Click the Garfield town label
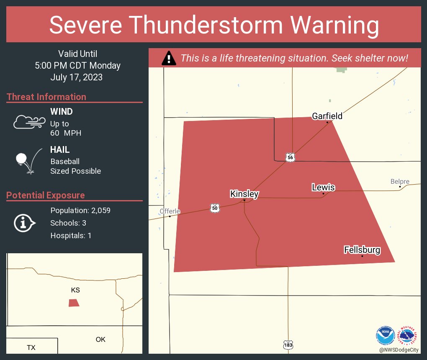[327, 116]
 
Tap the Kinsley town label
[244, 194]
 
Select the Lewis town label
[323, 187]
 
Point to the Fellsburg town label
[362, 250]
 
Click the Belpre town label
[400, 182]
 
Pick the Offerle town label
[170, 211]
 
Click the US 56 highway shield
[291, 157]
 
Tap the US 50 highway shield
[214, 208]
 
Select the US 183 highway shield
[288, 345]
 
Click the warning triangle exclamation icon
[169, 58]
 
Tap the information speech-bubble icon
[24, 223]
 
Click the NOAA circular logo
[385, 335]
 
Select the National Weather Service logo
[408, 335]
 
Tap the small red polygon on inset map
[74, 303]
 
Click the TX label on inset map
[31, 347]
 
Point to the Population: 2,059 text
[80, 211]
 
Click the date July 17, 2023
[76, 77]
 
